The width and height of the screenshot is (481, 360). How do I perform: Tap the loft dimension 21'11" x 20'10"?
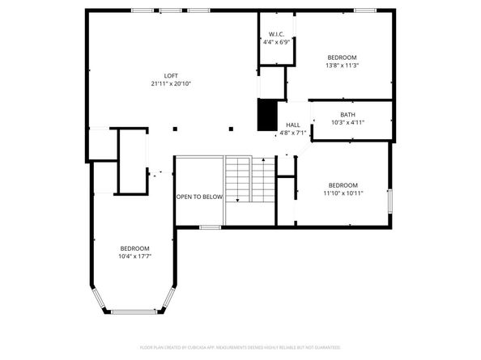point(171,83)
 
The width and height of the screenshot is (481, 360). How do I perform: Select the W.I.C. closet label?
point(275,34)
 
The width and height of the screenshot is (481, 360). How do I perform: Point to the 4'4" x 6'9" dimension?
point(275,43)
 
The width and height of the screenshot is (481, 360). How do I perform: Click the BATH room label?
point(347,114)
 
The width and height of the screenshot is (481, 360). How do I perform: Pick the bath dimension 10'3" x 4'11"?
point(347,123)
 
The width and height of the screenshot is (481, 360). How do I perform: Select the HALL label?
point(292,125)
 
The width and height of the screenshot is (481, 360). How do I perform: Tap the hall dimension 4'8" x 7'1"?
point(292,133)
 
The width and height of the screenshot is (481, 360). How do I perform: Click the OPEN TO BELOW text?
point(199,197)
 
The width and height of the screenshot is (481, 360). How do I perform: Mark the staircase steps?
point(238,180)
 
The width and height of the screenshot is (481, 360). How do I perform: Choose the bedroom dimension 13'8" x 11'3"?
point(342,66)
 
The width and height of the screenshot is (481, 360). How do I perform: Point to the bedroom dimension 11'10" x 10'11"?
point(343,193)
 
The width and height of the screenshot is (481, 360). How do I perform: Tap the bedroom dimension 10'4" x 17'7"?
point(135,256)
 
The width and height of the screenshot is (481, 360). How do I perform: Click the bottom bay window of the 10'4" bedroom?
point(134,311)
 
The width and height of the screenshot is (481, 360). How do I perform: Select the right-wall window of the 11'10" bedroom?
point(390,200)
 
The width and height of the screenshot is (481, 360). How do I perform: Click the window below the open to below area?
point(210,227)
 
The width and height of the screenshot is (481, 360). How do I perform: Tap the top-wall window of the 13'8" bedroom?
point(364,10)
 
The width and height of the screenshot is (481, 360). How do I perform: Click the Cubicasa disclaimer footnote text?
point(240,346)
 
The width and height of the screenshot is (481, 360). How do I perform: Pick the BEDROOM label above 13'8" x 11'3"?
point(342,57)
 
